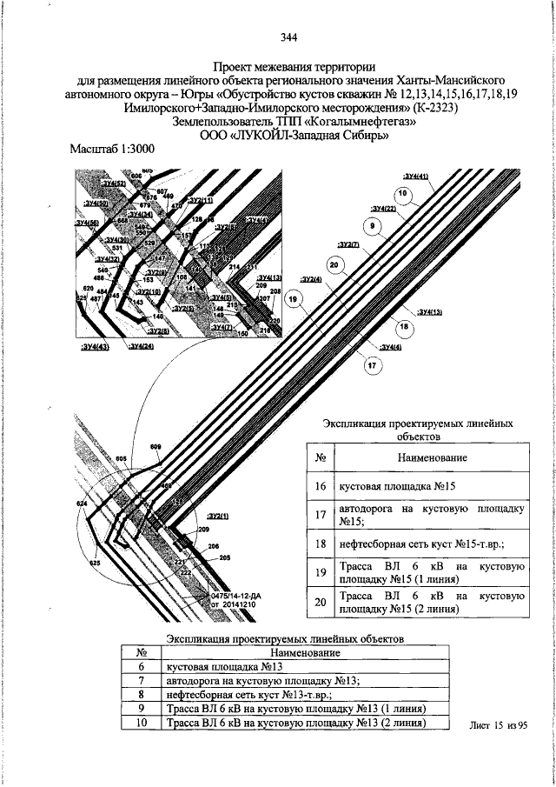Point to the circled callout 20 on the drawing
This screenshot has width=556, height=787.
[333, 264]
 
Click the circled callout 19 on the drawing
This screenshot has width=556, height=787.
[295, 300]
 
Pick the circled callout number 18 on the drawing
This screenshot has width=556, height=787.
[404, 327]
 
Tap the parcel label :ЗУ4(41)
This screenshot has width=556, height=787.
[416, 177]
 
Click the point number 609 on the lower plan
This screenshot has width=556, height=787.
[156, 447]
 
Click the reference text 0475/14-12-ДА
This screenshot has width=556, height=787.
[230, 596]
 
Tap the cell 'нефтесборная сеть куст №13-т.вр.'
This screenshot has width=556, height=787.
[235, 695]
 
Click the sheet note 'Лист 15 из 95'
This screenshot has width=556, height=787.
[498, 724]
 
